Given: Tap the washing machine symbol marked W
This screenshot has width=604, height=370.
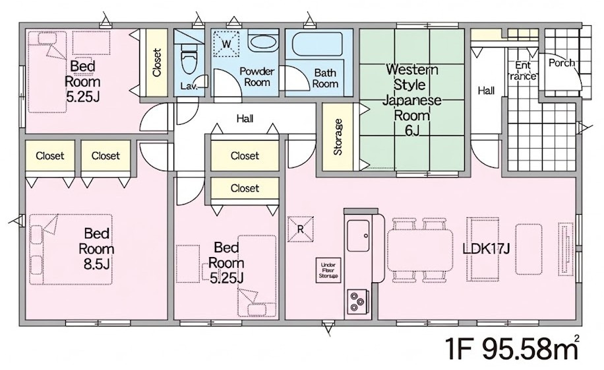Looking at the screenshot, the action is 227,43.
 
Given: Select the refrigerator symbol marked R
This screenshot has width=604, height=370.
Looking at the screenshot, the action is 301,229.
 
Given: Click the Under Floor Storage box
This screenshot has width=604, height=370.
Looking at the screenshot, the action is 328,270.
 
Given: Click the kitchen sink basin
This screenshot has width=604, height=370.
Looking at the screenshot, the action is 358,235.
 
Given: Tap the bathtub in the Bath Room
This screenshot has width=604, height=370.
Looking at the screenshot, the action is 317,45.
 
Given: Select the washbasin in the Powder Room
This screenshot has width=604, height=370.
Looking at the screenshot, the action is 262,42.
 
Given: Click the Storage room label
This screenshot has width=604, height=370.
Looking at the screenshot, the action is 338,137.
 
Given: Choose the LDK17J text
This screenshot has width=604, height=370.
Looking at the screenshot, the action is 486,249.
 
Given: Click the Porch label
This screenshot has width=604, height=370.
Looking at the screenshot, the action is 561,63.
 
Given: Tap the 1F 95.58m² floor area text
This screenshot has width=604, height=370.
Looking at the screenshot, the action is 512,348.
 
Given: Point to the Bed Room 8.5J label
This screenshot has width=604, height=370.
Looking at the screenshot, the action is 96,249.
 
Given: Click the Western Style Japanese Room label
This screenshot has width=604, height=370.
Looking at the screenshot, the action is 411,100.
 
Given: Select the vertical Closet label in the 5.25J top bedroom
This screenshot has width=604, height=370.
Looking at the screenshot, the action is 156,63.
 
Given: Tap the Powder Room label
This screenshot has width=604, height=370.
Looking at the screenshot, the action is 257,77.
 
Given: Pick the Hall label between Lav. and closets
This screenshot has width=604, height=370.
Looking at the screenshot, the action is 245,118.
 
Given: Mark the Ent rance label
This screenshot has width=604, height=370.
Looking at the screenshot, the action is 523,71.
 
